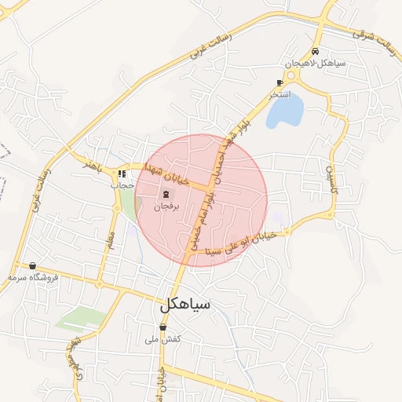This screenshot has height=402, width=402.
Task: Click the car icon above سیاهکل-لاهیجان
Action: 316,51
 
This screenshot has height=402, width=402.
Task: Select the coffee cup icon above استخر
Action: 280,82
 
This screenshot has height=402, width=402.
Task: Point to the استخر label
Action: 280,94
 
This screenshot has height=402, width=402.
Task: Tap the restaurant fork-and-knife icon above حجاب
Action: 122,174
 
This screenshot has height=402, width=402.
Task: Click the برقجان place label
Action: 166,206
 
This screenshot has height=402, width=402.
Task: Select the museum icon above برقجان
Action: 166,194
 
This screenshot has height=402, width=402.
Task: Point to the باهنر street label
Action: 95,166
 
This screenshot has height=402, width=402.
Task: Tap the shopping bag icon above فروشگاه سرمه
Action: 32,266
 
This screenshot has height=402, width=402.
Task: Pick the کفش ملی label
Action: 163,339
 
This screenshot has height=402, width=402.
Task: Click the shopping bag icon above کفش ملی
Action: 163,327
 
